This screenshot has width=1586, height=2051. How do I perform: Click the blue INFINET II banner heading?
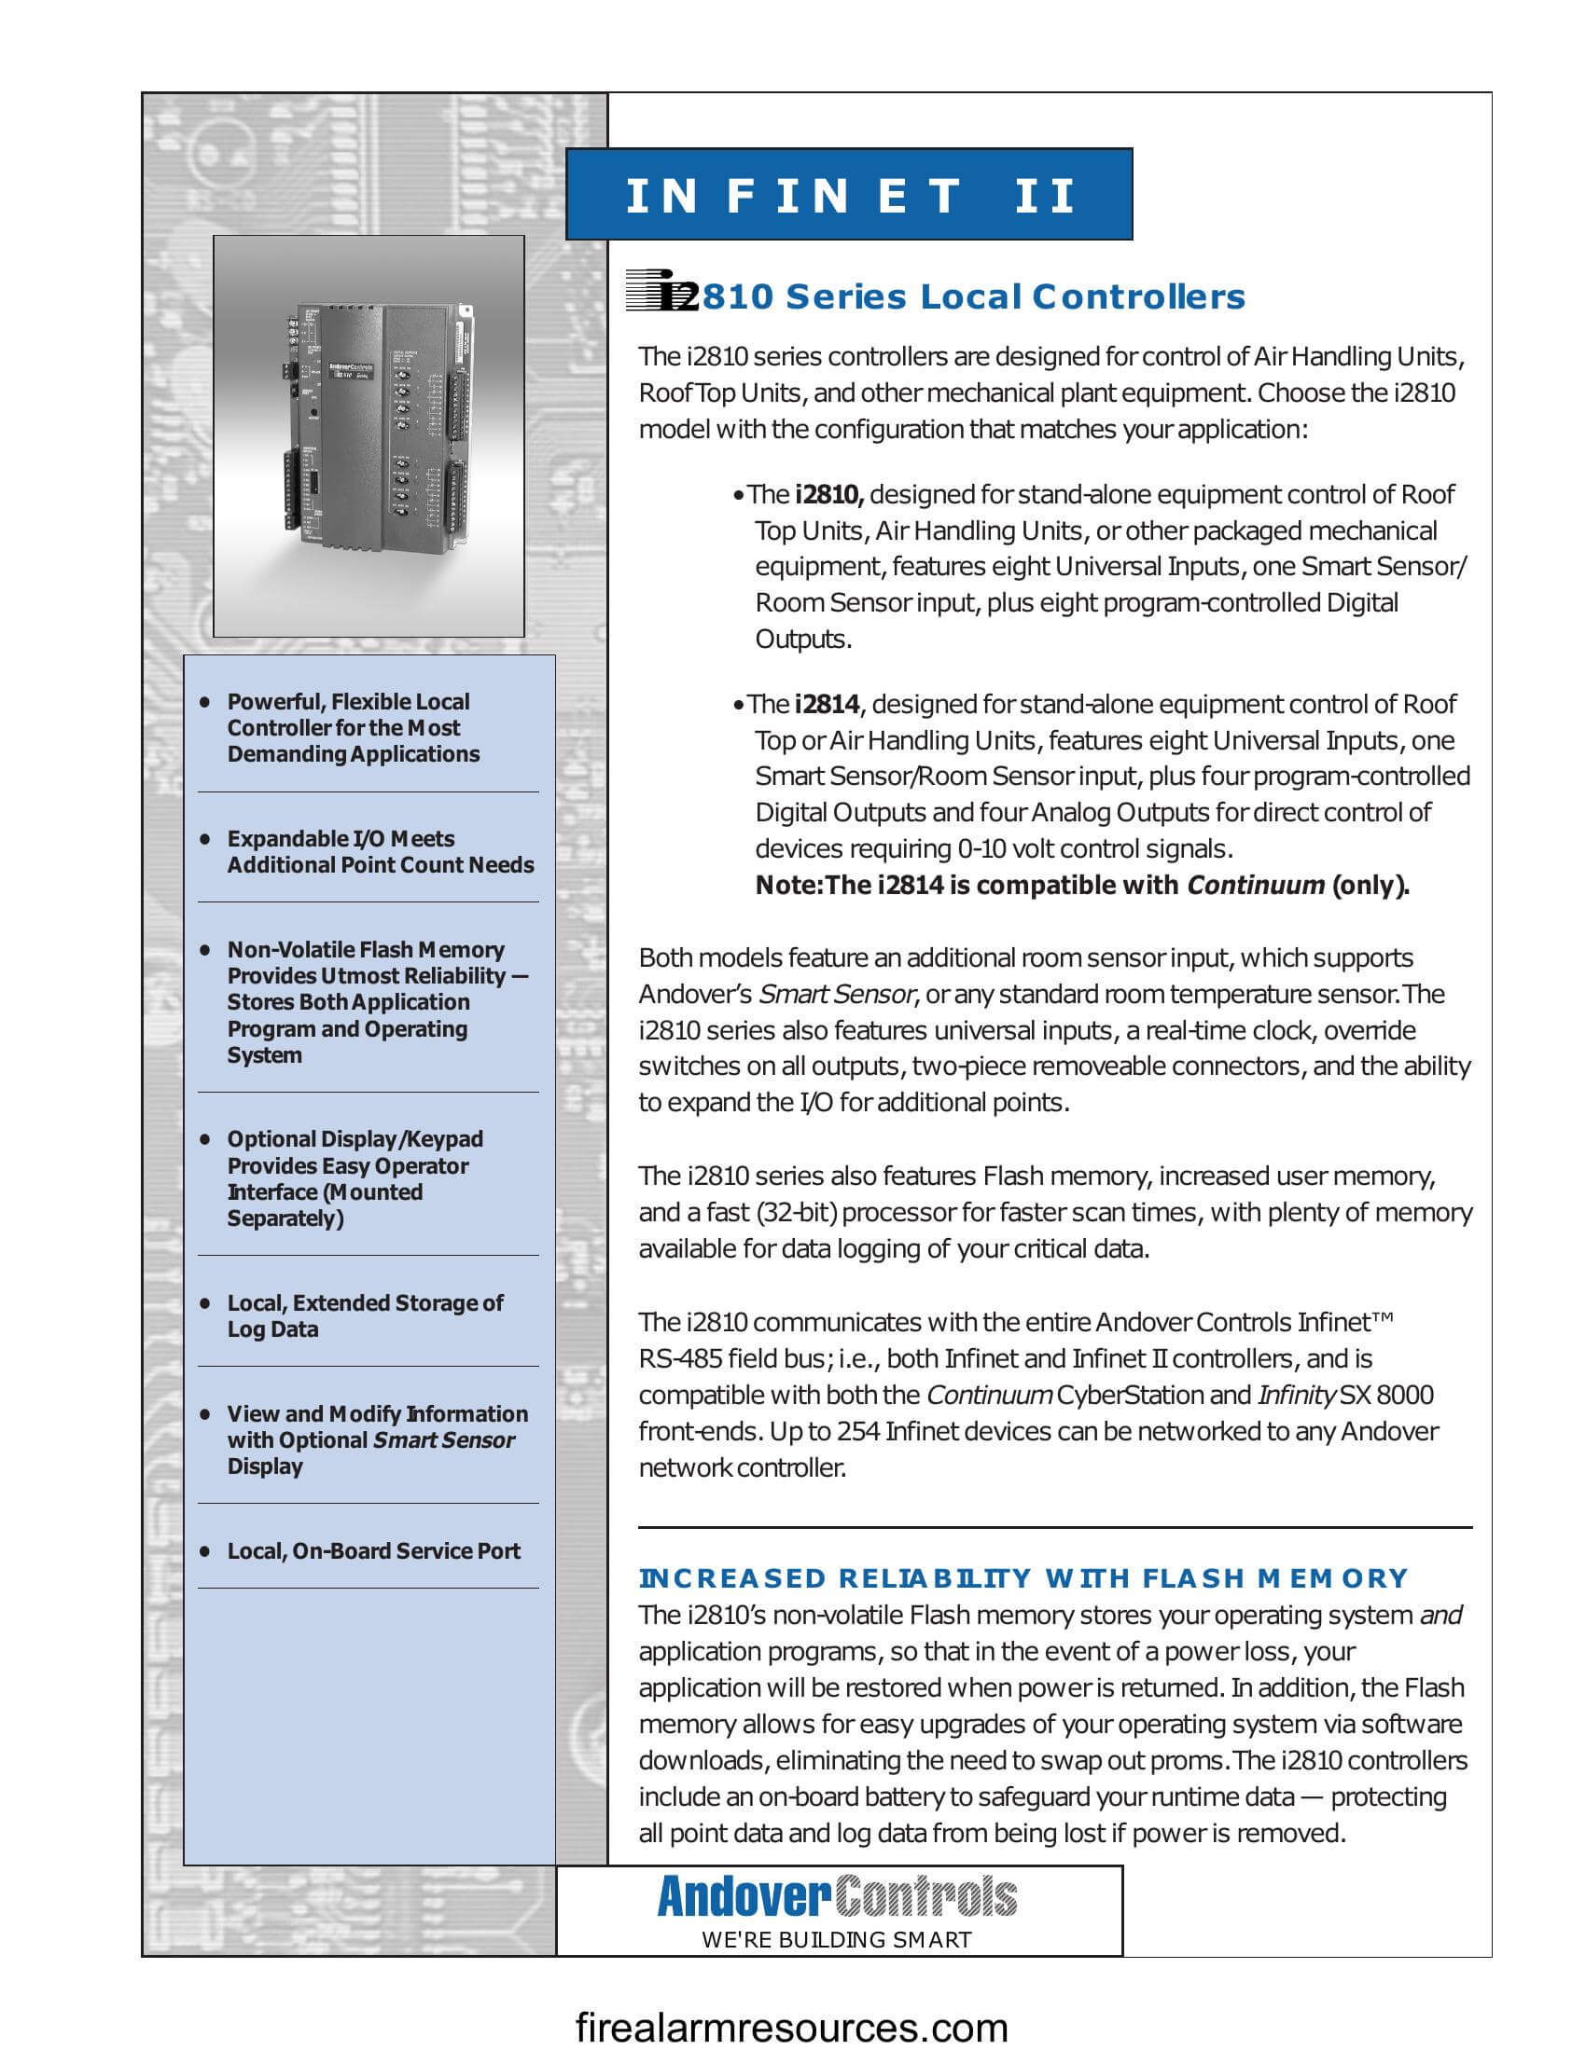[848, 196]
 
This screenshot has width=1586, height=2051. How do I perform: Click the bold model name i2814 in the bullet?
[826, 704]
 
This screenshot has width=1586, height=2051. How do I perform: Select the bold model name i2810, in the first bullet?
[828, 494]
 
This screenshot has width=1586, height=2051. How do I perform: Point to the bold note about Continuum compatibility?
[1081, 885]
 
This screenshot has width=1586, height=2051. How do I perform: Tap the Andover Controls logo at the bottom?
[836, 1896]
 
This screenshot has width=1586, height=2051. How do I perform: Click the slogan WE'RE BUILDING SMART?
[836, 1940]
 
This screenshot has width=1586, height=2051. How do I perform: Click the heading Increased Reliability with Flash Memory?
[1023, 1577]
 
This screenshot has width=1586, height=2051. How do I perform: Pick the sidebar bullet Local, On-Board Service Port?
[373, 1550]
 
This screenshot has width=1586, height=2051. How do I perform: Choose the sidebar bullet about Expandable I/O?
[380, 852]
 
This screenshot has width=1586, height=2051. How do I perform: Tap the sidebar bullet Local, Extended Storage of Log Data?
[365, 1315]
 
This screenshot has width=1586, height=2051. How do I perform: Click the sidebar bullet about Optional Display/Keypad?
[355, 1178]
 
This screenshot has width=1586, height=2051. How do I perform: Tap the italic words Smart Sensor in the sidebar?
[444, 1439]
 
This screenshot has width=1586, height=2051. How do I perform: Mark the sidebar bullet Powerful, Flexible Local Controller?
[353, 728]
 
